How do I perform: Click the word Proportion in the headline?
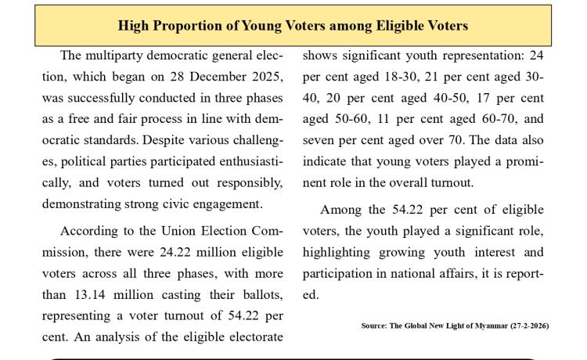[x=189, y=26]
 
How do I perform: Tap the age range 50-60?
[x=349, y=120]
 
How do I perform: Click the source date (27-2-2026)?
[x=525, y=326]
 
